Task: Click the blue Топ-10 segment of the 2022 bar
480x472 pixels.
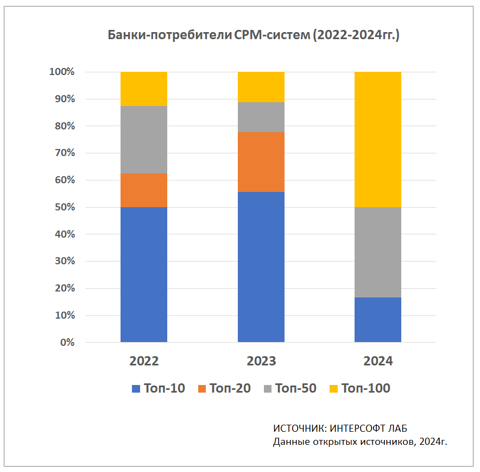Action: [x=144, y=275]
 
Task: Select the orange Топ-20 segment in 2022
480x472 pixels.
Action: [x=144, y=190]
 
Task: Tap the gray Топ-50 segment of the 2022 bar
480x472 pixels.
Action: [x=144, y=140]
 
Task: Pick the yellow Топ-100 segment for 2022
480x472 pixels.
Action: [x=144, y=89]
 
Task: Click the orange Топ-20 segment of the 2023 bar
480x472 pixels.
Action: [x=261, y=162]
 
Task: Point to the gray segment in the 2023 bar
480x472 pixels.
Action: [x=261, y=117]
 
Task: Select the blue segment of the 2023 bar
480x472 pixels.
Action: [x=261, y=267]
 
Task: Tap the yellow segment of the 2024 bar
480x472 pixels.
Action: [x=378, y=139]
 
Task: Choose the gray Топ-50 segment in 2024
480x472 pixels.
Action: [x=378, y=252]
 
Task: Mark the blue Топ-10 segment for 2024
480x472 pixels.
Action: [x=378, y=320]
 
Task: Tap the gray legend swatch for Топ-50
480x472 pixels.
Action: [x=267, y=388]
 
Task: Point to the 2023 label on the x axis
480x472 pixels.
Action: [x=261, y=361]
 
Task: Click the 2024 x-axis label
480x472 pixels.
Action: [x=378, y=361]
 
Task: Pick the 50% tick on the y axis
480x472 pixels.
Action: [x=63, y=207]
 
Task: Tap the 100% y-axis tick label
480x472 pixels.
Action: [x=61, y=72]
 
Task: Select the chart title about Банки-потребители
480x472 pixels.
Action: [x=254, y=36]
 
